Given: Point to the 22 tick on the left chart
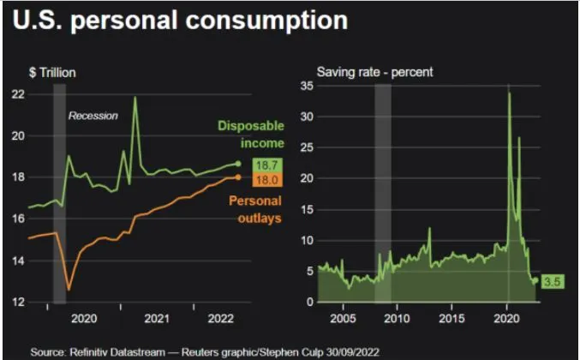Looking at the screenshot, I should (17, 93).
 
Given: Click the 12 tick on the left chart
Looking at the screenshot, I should (17, 302).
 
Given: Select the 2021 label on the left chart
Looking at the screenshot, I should (156, 319).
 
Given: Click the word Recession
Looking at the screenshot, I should (93, 116).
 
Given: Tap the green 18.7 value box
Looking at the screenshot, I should (264, 165).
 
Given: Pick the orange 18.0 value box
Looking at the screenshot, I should (264, 179).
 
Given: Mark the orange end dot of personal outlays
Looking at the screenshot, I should (238, 177).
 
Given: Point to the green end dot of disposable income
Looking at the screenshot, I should (238, 163).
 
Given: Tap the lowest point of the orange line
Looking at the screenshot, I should (69, 290).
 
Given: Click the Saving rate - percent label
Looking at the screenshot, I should (374, 73).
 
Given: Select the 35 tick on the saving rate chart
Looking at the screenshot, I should (304, 86).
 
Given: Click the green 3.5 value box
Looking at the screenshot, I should (553, 280).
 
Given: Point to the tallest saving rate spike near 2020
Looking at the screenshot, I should (510, 93).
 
